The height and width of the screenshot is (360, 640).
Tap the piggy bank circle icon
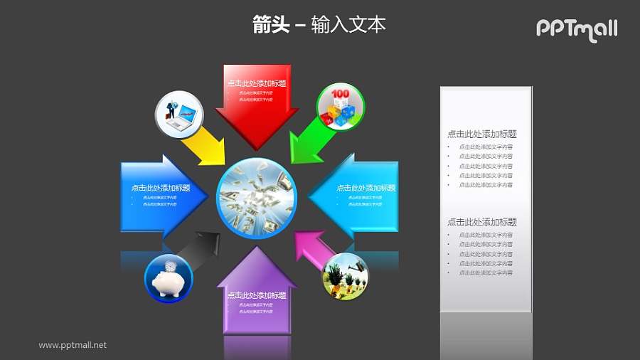(x=169, y=278)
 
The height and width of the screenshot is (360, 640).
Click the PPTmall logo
(x=576, y=29)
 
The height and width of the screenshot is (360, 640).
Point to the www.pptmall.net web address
(x=73, y=345)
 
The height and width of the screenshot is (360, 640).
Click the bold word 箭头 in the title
(x=271, y=25)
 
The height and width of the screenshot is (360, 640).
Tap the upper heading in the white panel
(x=481, y=134)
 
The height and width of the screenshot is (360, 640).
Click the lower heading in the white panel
(x=481, y=222)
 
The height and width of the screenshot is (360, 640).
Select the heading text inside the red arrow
(x=257, y=83)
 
